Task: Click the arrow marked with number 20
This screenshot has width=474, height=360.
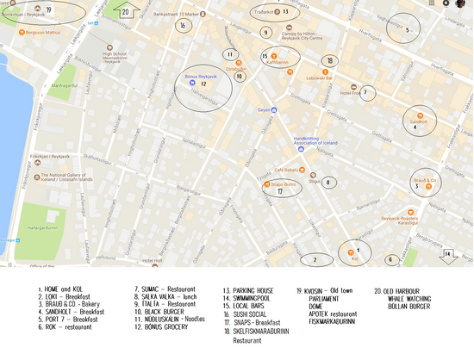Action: (126, 11)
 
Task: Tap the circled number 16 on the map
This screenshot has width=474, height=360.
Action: (182, 26)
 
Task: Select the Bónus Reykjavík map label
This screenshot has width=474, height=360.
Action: (202, 78)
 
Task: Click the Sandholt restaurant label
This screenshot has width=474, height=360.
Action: (419, 122)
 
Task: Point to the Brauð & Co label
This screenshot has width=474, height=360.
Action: (427, 181)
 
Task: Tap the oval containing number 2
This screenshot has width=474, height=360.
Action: (315, 258)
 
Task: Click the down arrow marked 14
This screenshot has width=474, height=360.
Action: (447, 254)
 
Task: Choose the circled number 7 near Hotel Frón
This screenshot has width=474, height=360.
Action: (366, 92)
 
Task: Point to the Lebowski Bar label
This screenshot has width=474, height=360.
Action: (319, 78)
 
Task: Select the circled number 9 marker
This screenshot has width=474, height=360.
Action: (266, 33)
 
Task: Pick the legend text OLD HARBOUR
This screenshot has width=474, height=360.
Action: (402, 291)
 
